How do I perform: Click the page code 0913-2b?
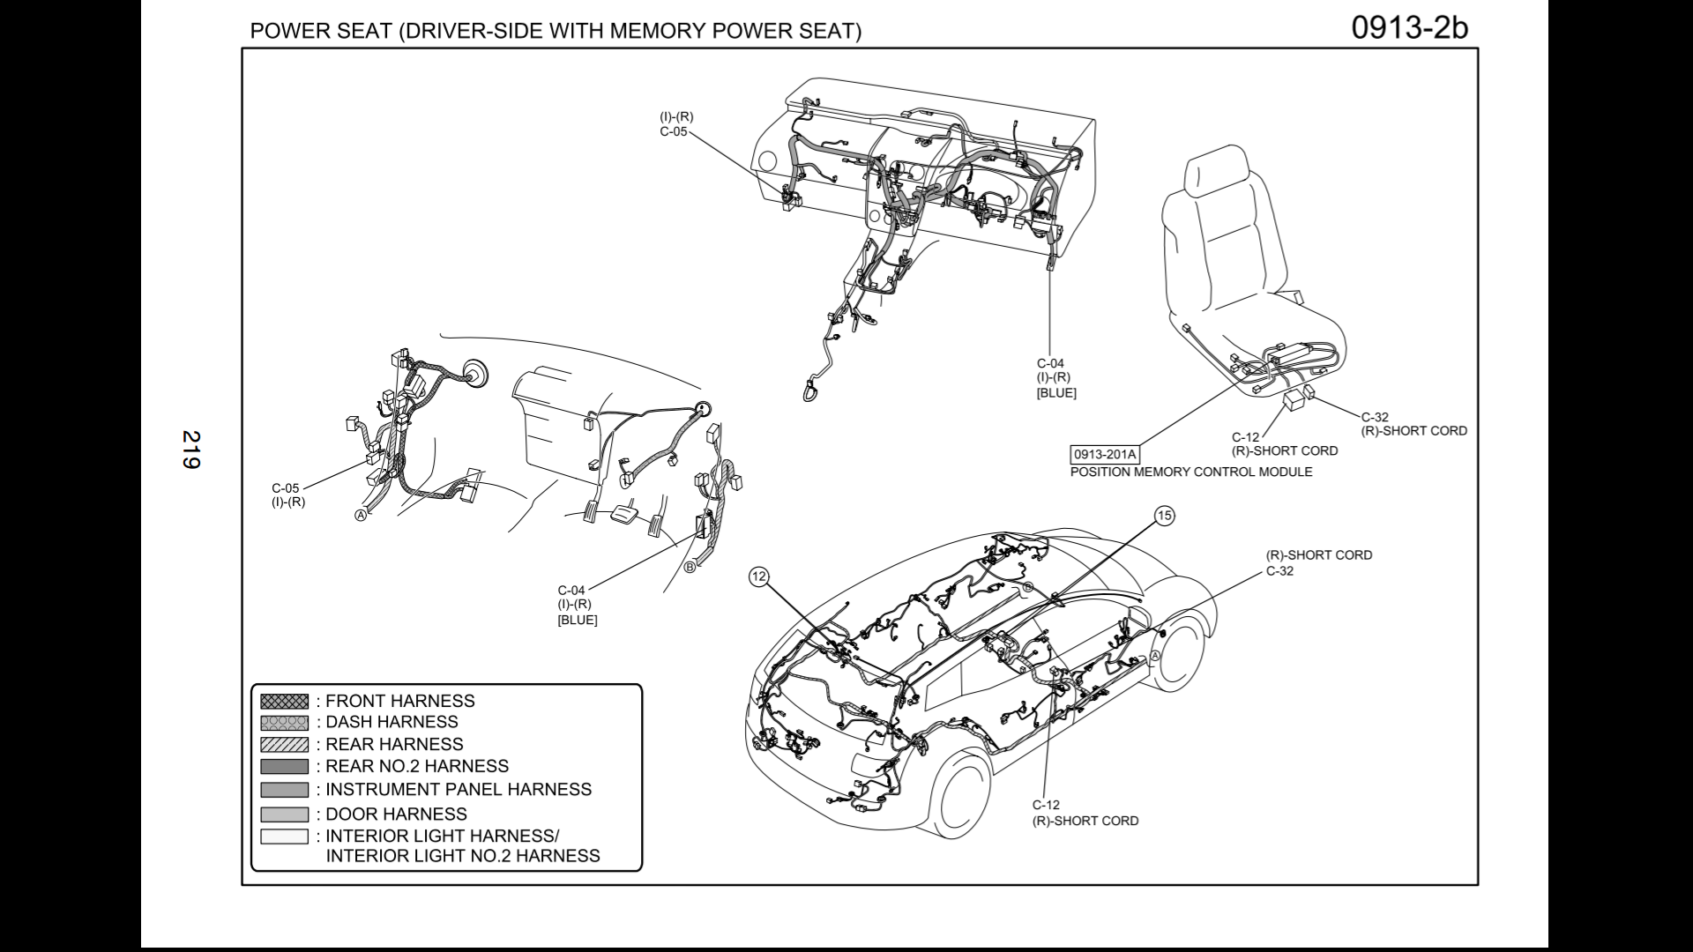(x=1409, y=28)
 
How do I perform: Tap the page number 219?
(x=191, y=449)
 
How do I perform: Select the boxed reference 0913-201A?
(x=1104, y=455)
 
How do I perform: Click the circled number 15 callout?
(x=1165, y=516)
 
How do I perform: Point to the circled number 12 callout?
(x=758, y=577)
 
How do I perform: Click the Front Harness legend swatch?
(x=284, y=702)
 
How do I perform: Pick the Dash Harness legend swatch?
(x=284, y=723)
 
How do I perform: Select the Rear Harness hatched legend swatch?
(x=284, y=745)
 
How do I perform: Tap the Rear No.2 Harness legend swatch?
(x=284, y=767)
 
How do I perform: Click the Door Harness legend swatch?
(x=284, y=814)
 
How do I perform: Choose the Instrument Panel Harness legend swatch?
(x=284, y=790)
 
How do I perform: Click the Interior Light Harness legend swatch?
(x=284, y=837)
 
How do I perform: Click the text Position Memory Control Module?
(x=1190, y=472)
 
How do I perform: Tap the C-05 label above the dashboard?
(x=673, y=131)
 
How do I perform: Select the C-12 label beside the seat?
(x=1245, y=437)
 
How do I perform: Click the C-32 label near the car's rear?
(x=1279, y=570)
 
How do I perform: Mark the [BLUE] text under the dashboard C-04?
(x=1056, y=393)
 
